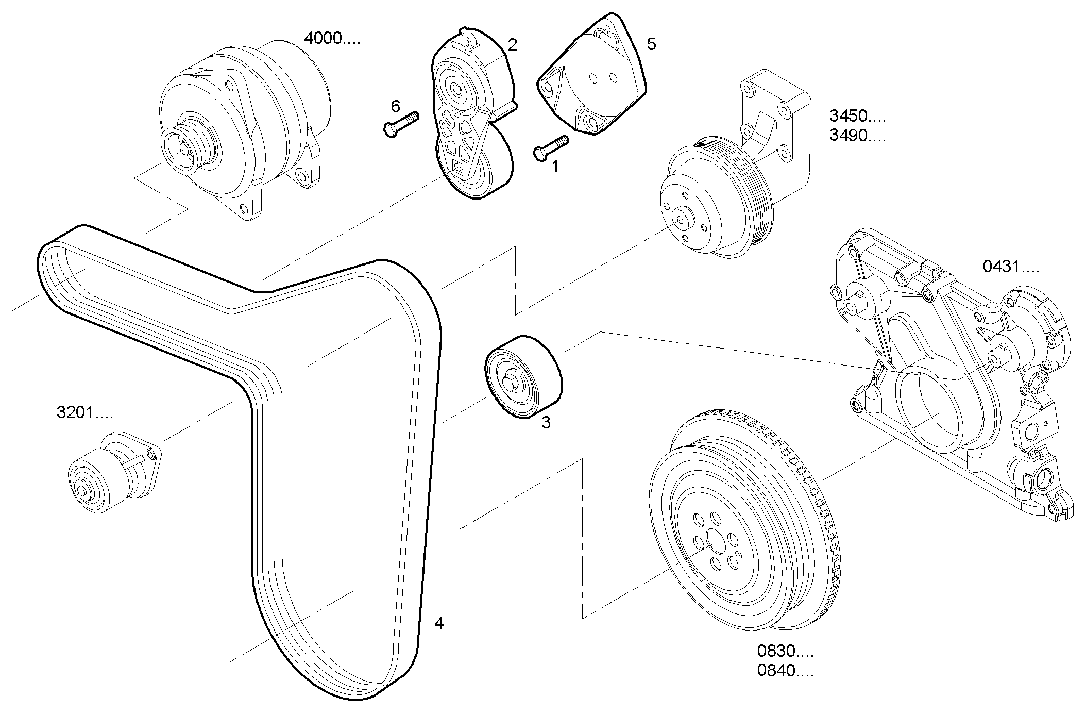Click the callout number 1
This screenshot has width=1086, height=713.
[555, 166]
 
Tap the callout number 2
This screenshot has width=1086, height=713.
[512, 45]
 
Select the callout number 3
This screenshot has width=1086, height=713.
[546, 422]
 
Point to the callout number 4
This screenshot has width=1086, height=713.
[438, 623]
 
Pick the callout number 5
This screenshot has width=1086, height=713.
[651, 44]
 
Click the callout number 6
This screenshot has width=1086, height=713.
[395, 107]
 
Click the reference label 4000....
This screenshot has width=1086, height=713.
[332, 38]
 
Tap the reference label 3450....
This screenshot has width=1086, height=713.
[857, 116]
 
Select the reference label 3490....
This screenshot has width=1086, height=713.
[857, 136]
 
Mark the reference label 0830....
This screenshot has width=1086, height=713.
[785, 651]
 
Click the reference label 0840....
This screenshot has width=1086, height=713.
[785, 671]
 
